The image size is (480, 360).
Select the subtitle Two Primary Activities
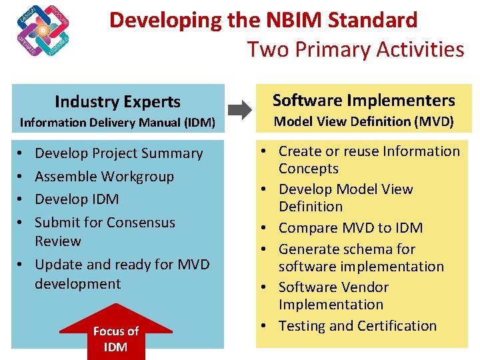[x=355, y=49]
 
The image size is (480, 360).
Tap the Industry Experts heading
[x=117, y=102]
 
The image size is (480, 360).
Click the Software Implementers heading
[x=363, y=101]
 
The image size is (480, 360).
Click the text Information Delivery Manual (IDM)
[x=117, y=123]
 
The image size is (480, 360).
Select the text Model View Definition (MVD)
[x=363, y=121]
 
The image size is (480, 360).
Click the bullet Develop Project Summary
[x=119, y=153]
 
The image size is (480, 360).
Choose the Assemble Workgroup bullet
[x=104, y=177]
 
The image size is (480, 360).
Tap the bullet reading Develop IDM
[x=77, y=199]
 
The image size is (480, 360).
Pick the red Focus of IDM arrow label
[x=116, y=339]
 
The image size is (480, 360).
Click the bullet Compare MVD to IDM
[x=350, y=228]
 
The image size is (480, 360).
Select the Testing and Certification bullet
[x=357, y=326]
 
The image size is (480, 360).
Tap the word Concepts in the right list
[x=309, y=169]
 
